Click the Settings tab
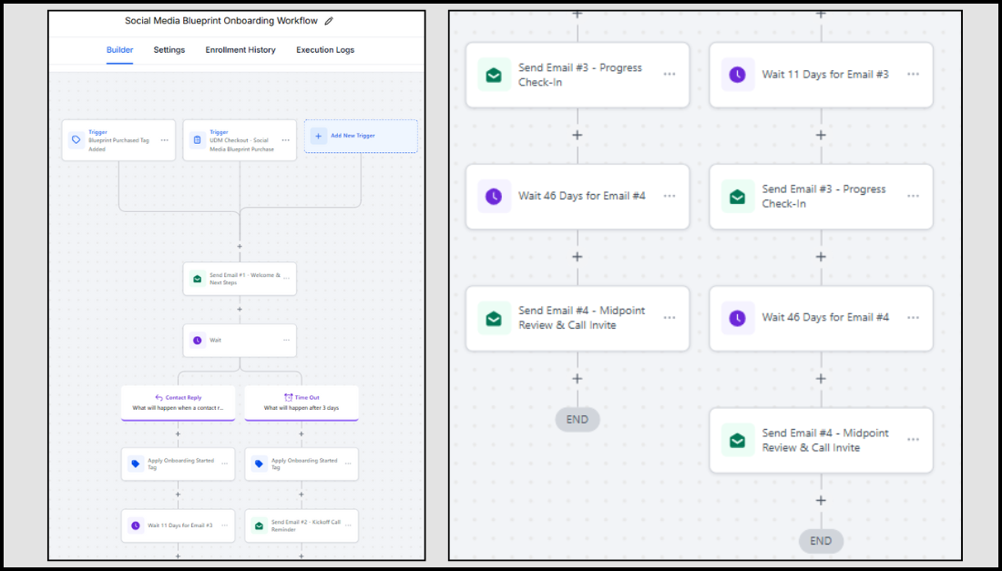[x=169, y=50]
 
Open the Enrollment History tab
[x=240, y=50]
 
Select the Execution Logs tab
[x=325, y=50]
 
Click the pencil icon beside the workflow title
[x=329, y=21]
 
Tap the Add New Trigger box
[x=361, y=136]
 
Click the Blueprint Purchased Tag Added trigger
[x=118, y=140]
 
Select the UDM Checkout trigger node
[x=240, y=140]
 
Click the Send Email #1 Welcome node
[x=240, y=279]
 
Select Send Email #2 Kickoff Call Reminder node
[x=302, y=525]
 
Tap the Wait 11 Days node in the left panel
[x=178, y=525]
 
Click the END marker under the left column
[x=578, y=420]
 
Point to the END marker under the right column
[x=821, y=541]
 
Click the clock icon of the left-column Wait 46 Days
[x=494, y=196]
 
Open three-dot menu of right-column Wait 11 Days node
[x=913, y=75]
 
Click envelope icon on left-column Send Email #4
[x=494, y=318]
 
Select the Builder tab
[x=119, y=50]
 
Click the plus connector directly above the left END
[x=578, y=379]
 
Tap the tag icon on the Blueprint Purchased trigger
[x=77, y=140]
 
